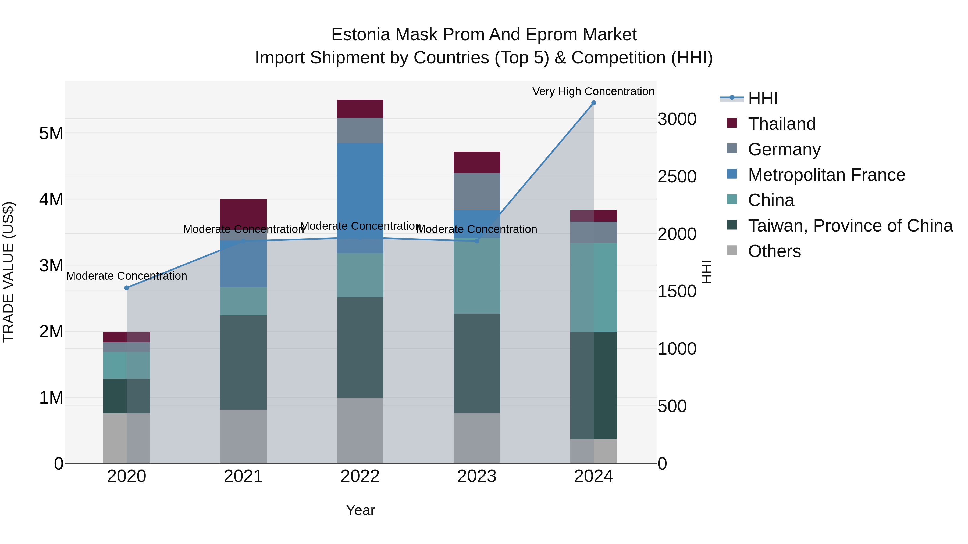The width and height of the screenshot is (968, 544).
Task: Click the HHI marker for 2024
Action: (x=593, y=103)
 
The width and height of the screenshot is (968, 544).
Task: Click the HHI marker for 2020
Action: (x=127, y=288)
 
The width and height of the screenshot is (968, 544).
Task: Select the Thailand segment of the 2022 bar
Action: (x=360, y=109)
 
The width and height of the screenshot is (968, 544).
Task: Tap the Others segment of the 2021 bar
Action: (x=243, y=436)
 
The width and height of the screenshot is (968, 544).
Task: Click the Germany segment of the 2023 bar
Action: (x=477, y=192)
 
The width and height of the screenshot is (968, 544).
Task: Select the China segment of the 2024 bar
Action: (x=594, y=287)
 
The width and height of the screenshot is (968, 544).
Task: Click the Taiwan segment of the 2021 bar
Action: (x=243, y=362)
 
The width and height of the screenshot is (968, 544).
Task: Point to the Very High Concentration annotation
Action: (x=593, y=91)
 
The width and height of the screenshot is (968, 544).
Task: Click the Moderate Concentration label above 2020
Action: (x=127, y=276)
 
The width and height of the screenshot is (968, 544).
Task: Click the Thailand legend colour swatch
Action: (x=732, y=123)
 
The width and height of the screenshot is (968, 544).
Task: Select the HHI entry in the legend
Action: (x=763, y=98)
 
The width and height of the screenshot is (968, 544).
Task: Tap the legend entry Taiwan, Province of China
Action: (x=850, y=226)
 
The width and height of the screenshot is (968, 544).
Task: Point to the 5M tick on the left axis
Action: (x=51, y=133)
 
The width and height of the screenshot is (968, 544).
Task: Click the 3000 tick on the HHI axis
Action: (x=677, y=119)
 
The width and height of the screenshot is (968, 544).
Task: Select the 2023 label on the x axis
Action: (x=477, y=476)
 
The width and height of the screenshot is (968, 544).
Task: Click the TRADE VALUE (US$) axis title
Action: (x=8, y=272)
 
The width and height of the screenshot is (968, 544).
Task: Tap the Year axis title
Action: (x=360, y=510)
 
